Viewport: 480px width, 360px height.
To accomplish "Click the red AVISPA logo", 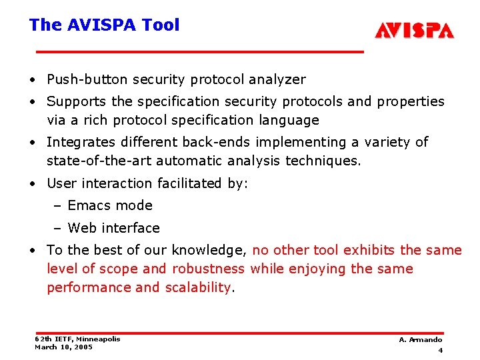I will [x=414, y=31].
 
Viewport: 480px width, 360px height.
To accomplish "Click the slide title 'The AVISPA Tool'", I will [x=104, y=25].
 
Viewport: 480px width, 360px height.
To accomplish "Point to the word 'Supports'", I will [x=77, y=101].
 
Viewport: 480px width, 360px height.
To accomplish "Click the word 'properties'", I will [x=411, y=101].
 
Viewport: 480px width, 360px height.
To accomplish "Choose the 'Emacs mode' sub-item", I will [x=110, y=205].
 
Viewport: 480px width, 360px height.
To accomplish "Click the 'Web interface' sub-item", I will [x=113, y=228].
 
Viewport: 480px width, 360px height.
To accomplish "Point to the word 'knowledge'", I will [x=208, y=251].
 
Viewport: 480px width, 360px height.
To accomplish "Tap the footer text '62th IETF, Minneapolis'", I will [x=77, y=339].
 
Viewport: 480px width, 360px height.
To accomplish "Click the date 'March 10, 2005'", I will [x=63, y=347].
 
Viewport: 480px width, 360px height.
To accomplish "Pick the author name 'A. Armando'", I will [x=421, y=340].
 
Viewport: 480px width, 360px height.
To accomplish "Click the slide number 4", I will [x=440, y=350].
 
